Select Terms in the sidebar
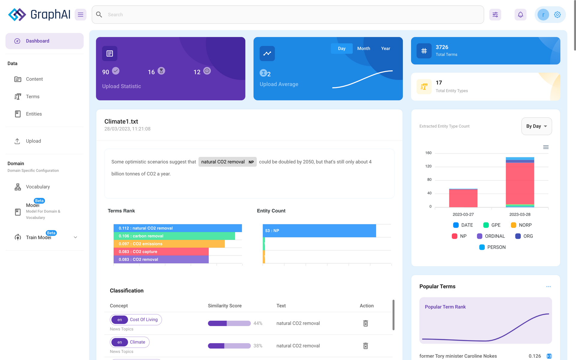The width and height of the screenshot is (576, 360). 32,96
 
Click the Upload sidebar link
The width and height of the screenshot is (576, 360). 33,141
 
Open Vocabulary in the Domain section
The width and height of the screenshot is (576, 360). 38,187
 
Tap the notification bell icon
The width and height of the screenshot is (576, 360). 520,14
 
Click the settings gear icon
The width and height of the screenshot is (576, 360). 557,14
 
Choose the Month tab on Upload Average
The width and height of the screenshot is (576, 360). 363,48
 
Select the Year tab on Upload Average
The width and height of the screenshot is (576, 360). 385,48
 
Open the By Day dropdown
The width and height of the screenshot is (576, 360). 536,126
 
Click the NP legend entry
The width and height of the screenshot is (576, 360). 459,236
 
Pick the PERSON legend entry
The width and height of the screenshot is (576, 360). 492,247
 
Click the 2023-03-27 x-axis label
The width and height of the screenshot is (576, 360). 463,214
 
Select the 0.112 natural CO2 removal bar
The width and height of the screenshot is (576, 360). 178,228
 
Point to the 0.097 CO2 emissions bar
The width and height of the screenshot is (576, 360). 169,244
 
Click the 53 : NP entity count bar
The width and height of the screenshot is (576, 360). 319,231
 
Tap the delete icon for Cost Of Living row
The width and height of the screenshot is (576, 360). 365,323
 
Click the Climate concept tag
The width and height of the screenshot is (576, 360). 137,342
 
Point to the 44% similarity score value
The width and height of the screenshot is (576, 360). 258,323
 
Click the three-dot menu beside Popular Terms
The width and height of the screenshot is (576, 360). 548,286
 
